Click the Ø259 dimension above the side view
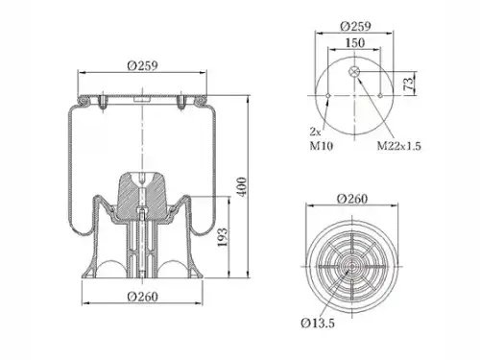point(142,66)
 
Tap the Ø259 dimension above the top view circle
point(355,26)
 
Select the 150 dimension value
point(354,42)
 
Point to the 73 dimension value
point(409,84)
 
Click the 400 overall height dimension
point(242,187)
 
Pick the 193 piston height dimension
point(223,237)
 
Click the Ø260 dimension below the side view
point(143,297)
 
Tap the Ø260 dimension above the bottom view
point(352,199)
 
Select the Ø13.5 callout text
point(318,323)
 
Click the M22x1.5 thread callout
point(398,146)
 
